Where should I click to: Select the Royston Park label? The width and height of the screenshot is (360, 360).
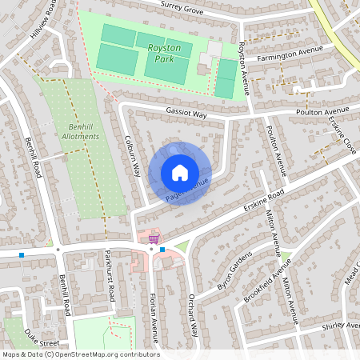(x=164, y=54)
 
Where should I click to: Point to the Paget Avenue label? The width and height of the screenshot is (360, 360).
(x=187, y=190)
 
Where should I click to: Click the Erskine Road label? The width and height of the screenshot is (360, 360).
(x=264, y=201)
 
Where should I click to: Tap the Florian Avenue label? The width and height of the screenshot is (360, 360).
(x=155, y=314)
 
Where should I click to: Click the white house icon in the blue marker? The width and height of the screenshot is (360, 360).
(x=180, y=173)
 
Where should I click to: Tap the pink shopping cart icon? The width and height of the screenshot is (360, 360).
(x=153, y=238)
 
